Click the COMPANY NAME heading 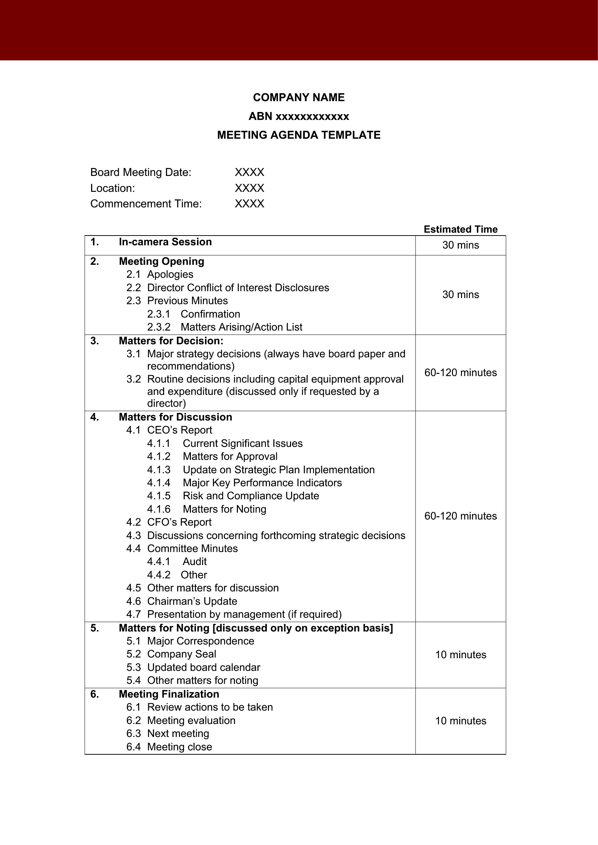tap(299, 98)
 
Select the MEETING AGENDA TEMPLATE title tap(299, 135)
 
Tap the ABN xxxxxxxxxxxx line tap(299, 116)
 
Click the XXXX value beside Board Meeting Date tap(249, 172)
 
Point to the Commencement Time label tap(146, 203)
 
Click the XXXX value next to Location tap(249, 188)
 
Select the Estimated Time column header tap(460, 229)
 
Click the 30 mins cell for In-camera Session tap(460, 245)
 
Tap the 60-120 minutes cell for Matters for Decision tap(460, 372)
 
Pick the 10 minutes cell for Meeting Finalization tap(460, 721)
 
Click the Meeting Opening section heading tap(161, 261)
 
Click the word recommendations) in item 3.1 tap(191, 366)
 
